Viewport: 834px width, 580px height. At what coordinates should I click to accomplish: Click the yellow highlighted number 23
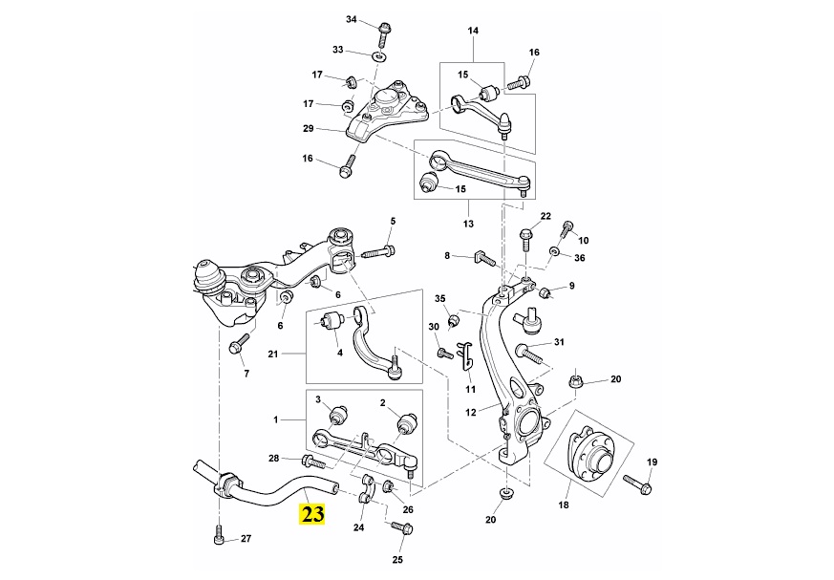tap(312, 513)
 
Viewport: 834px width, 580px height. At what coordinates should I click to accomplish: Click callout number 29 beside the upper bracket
tap(309, 129)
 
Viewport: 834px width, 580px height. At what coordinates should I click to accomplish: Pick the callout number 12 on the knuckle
tap(470, 413)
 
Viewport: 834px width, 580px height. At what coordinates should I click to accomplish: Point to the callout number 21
tap(272, 355)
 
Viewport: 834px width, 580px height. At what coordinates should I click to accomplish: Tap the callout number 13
tap(468, 225)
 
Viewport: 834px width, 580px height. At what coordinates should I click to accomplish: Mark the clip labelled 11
tap(467, 357)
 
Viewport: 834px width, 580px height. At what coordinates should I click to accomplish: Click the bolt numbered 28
tap(312, 463)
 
